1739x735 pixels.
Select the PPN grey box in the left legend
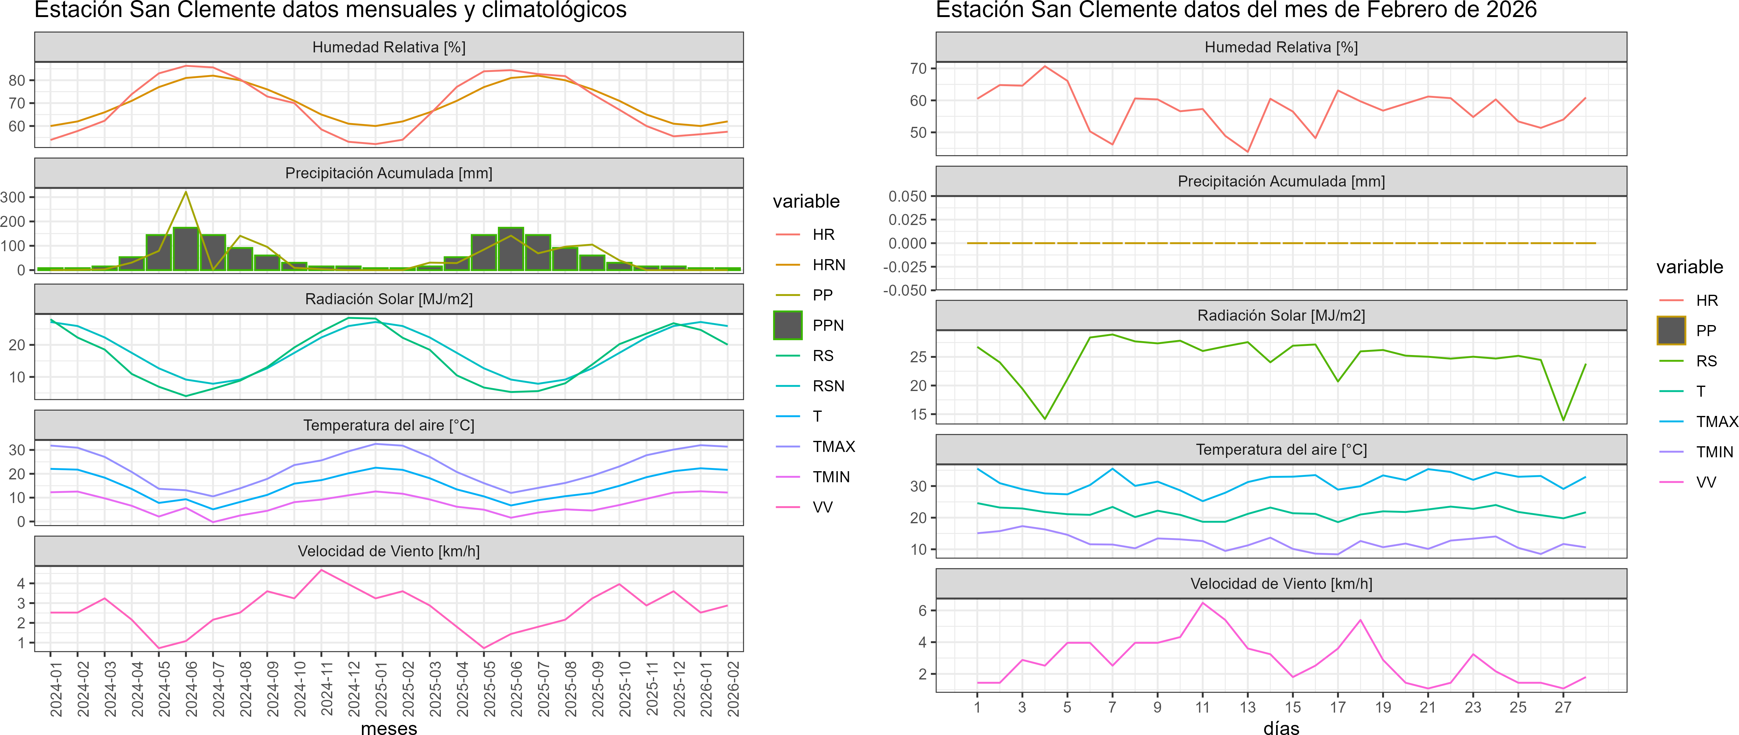pyautogui.click(x=788, y=325)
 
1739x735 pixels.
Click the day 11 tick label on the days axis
pyautogui.click(x=1202, y=707)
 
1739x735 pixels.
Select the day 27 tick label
pyautogui.click(x=1563, y=707)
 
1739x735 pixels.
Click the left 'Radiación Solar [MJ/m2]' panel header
pyautogui.click(x=389, y=299)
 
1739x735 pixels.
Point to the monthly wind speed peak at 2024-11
pyautogui.click(x=321, y=570)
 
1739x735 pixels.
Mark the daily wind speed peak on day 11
pyautogui.click(x=1202, y=603)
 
